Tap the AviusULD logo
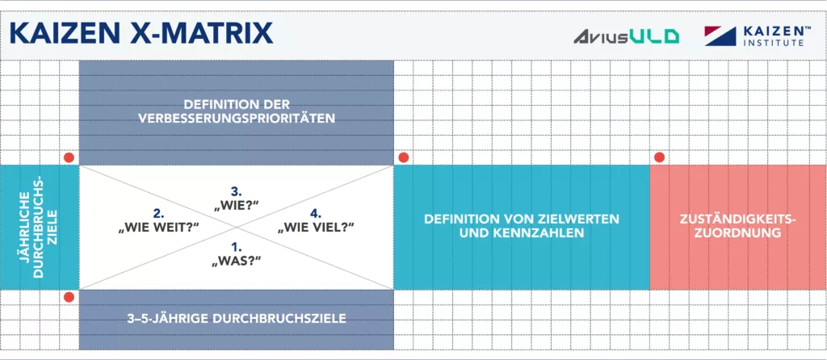click(x=626, y=36)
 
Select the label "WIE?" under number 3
click(x=236, y=207)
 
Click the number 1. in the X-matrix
click(x=236, y=246)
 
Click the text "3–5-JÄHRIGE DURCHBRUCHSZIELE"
click(x=237, y=318)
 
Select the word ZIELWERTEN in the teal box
click(x=580, y=219)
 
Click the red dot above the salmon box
click(x=659, y=157)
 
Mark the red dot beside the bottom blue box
click(x=69, y=297)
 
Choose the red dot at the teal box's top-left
click(x=403, y=157)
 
